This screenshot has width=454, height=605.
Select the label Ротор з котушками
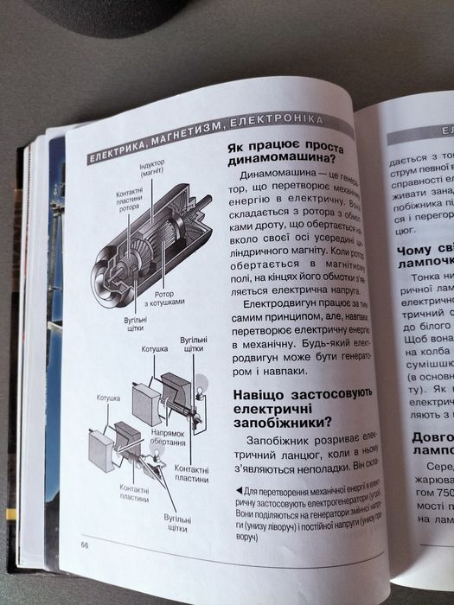coord(164,298)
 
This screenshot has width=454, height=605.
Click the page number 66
coord(86,544)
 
